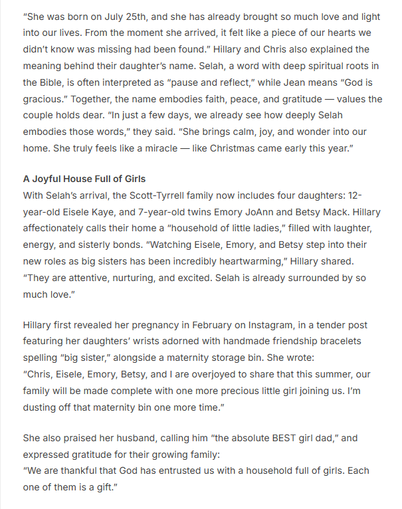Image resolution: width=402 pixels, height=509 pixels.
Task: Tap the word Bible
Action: pos(41,82)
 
